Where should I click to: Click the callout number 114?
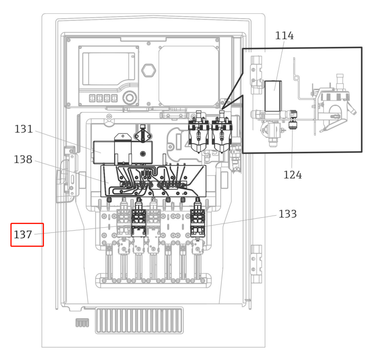pos(284,36)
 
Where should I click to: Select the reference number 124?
pos(292,175)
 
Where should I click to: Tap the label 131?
pos(24,129)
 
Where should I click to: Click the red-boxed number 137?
pos(23,235)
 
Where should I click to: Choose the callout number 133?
pos(287,214)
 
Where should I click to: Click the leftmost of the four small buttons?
pos(93,98)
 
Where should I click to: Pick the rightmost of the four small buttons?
pos(114,98)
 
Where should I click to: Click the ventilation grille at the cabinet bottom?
pos(139,320)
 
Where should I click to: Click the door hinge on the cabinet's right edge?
pos(256,263)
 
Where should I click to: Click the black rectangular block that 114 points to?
pos(273,96)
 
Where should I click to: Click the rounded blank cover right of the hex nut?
pos(188,76)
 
